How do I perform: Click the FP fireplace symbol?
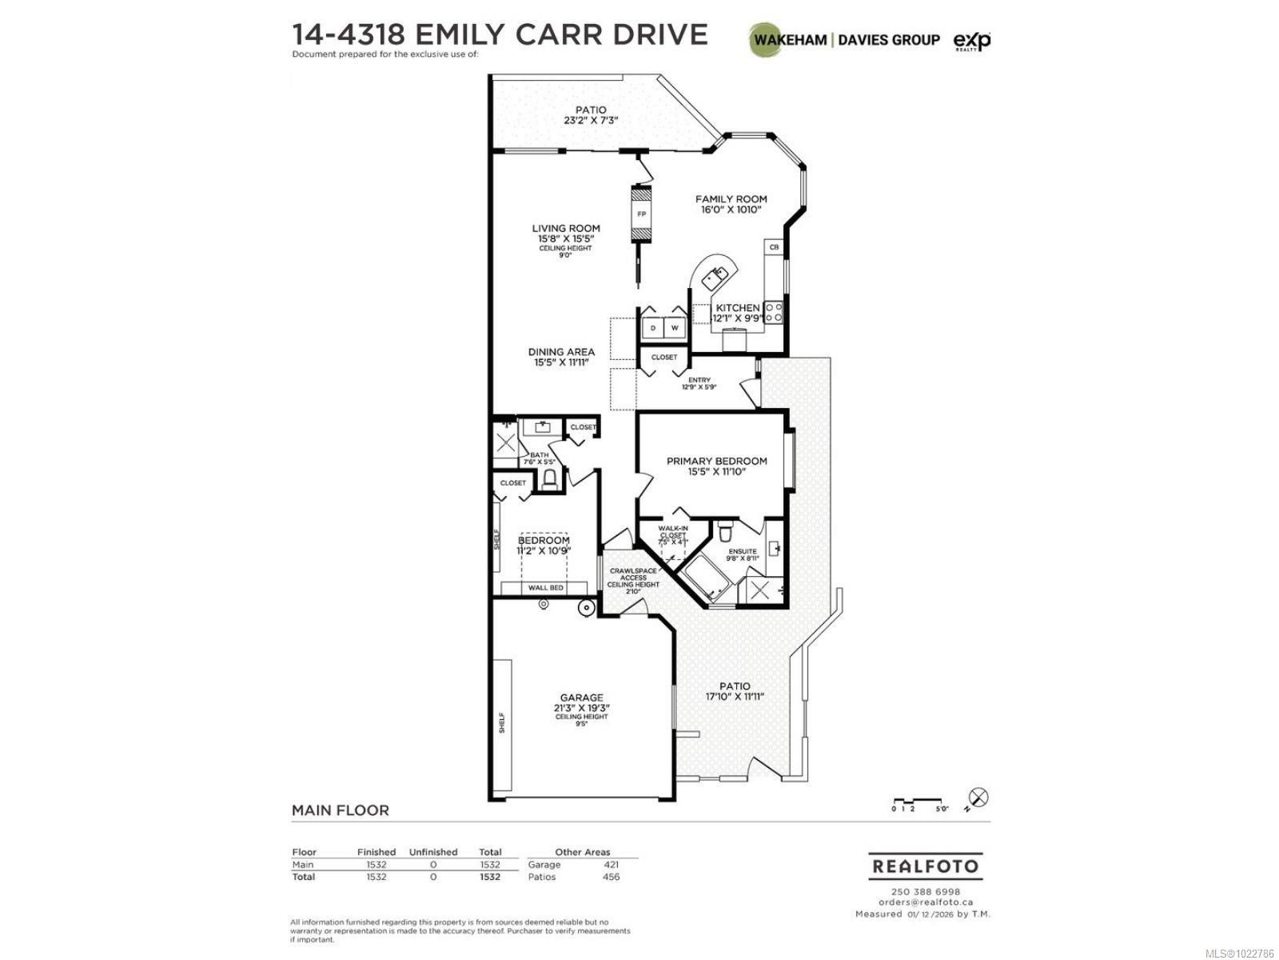641,214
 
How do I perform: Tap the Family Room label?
731,204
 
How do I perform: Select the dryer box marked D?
653,327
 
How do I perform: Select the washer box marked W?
674,327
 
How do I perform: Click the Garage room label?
581,707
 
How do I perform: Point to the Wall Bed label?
545,588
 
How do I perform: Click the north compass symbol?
978,798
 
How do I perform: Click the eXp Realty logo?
971,40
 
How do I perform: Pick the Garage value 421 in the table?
610,864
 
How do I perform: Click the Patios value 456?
610,877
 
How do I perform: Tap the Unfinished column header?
432,852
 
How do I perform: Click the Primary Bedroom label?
716,466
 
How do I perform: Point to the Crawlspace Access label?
633,578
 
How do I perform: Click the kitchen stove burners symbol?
774,312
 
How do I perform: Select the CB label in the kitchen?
774,248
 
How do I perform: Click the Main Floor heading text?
340,810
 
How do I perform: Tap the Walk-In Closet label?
672,534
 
